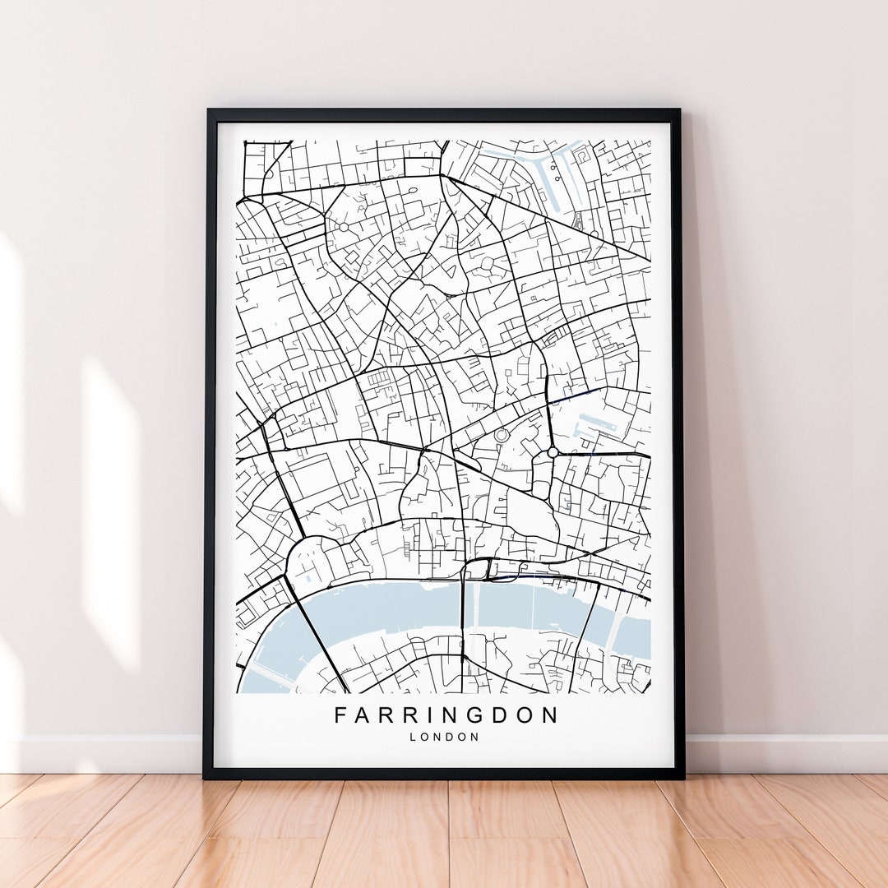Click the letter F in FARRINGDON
pos(340,715)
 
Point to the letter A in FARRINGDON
pos(363,715)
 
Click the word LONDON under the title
pos(444,737)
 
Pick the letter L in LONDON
pos(413,737)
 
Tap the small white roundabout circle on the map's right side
pos(553,451)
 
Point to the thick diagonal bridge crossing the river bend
pos(317,634)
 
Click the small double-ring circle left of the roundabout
pos(501,434)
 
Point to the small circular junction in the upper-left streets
pos(342,226)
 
